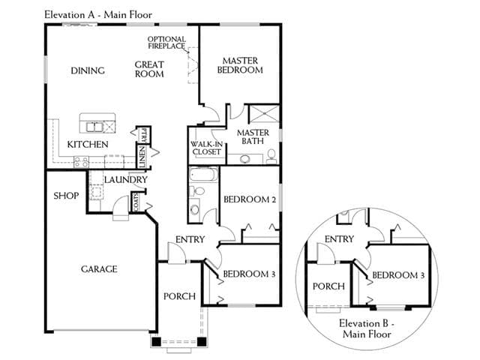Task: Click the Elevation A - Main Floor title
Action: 98,15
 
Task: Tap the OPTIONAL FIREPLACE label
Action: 166,43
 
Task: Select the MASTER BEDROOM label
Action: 240,65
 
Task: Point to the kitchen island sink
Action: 94,127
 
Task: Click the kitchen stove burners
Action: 82,162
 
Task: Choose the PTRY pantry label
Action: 144,135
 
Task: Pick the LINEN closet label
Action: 142,157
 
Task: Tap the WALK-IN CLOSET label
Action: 207,148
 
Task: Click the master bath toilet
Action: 271,156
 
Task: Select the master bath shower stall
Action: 264,114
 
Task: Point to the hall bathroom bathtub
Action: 203,175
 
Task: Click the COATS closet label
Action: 136,202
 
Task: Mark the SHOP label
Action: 66,196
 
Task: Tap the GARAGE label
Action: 99,269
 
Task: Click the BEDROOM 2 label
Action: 250,199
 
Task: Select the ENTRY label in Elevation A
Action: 190,239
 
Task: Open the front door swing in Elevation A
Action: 177,253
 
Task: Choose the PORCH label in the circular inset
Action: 328,286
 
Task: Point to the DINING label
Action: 88,70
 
